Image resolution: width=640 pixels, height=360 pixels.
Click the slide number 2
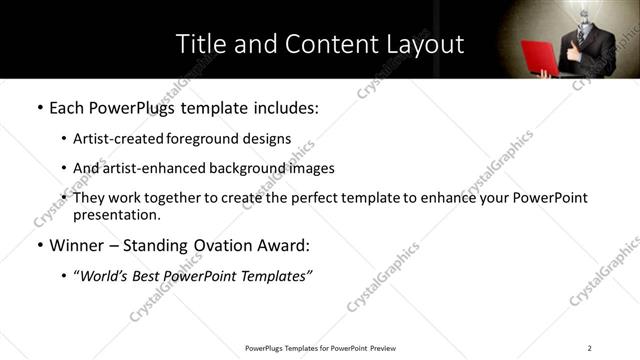(590, 347)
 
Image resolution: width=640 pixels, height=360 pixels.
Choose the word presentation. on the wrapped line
(116, 215)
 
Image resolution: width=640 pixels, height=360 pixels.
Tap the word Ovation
(226, 245)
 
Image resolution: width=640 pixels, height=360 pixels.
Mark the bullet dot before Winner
(39, 245)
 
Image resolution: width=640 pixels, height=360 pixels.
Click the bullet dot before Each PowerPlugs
(39, 107)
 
